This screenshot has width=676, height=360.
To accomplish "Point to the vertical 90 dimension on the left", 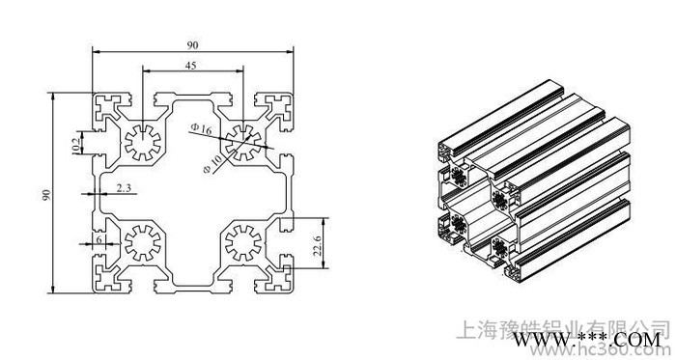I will point(45,194).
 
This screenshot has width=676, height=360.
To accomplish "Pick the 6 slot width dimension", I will point(99,239).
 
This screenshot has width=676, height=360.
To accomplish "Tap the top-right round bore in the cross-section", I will point(241,140).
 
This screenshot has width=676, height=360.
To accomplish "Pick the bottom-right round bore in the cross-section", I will point(241,243).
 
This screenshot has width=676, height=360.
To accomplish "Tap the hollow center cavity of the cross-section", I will point(194,193).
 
